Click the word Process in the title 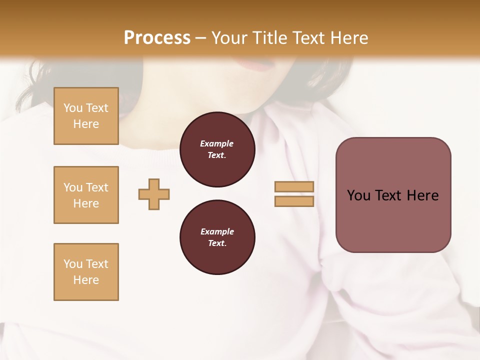click(157, 38)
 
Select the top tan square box click(86, 116)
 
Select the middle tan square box click(86, 195)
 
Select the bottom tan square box click(86, 272)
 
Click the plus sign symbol click(154, 194)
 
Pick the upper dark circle click(217, 149)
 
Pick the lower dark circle click(217, 237)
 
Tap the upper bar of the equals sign click(294, 187)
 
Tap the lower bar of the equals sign click(294, 201)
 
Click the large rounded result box click(393, 220)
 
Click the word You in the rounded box click(358, 195)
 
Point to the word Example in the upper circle click(217, 143)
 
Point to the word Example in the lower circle click(217, 231)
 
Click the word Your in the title click(230, 38)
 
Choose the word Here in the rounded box click(422, 195)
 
